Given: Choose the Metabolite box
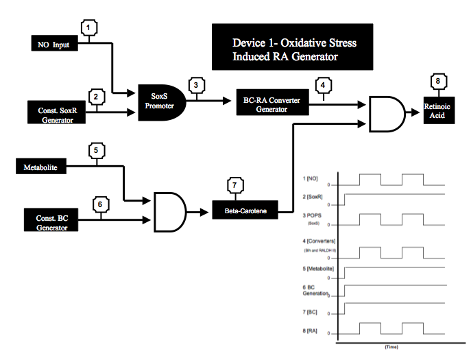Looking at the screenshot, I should tap(41, 167).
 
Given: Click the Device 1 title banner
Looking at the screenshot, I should tap(293, 47).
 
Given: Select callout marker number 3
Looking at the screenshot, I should tap(197, 86).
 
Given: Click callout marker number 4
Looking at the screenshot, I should tap(322, 86).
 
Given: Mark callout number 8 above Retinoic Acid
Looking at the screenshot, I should tap(437, 81).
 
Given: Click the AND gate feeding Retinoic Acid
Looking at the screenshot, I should tap(385, 113).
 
